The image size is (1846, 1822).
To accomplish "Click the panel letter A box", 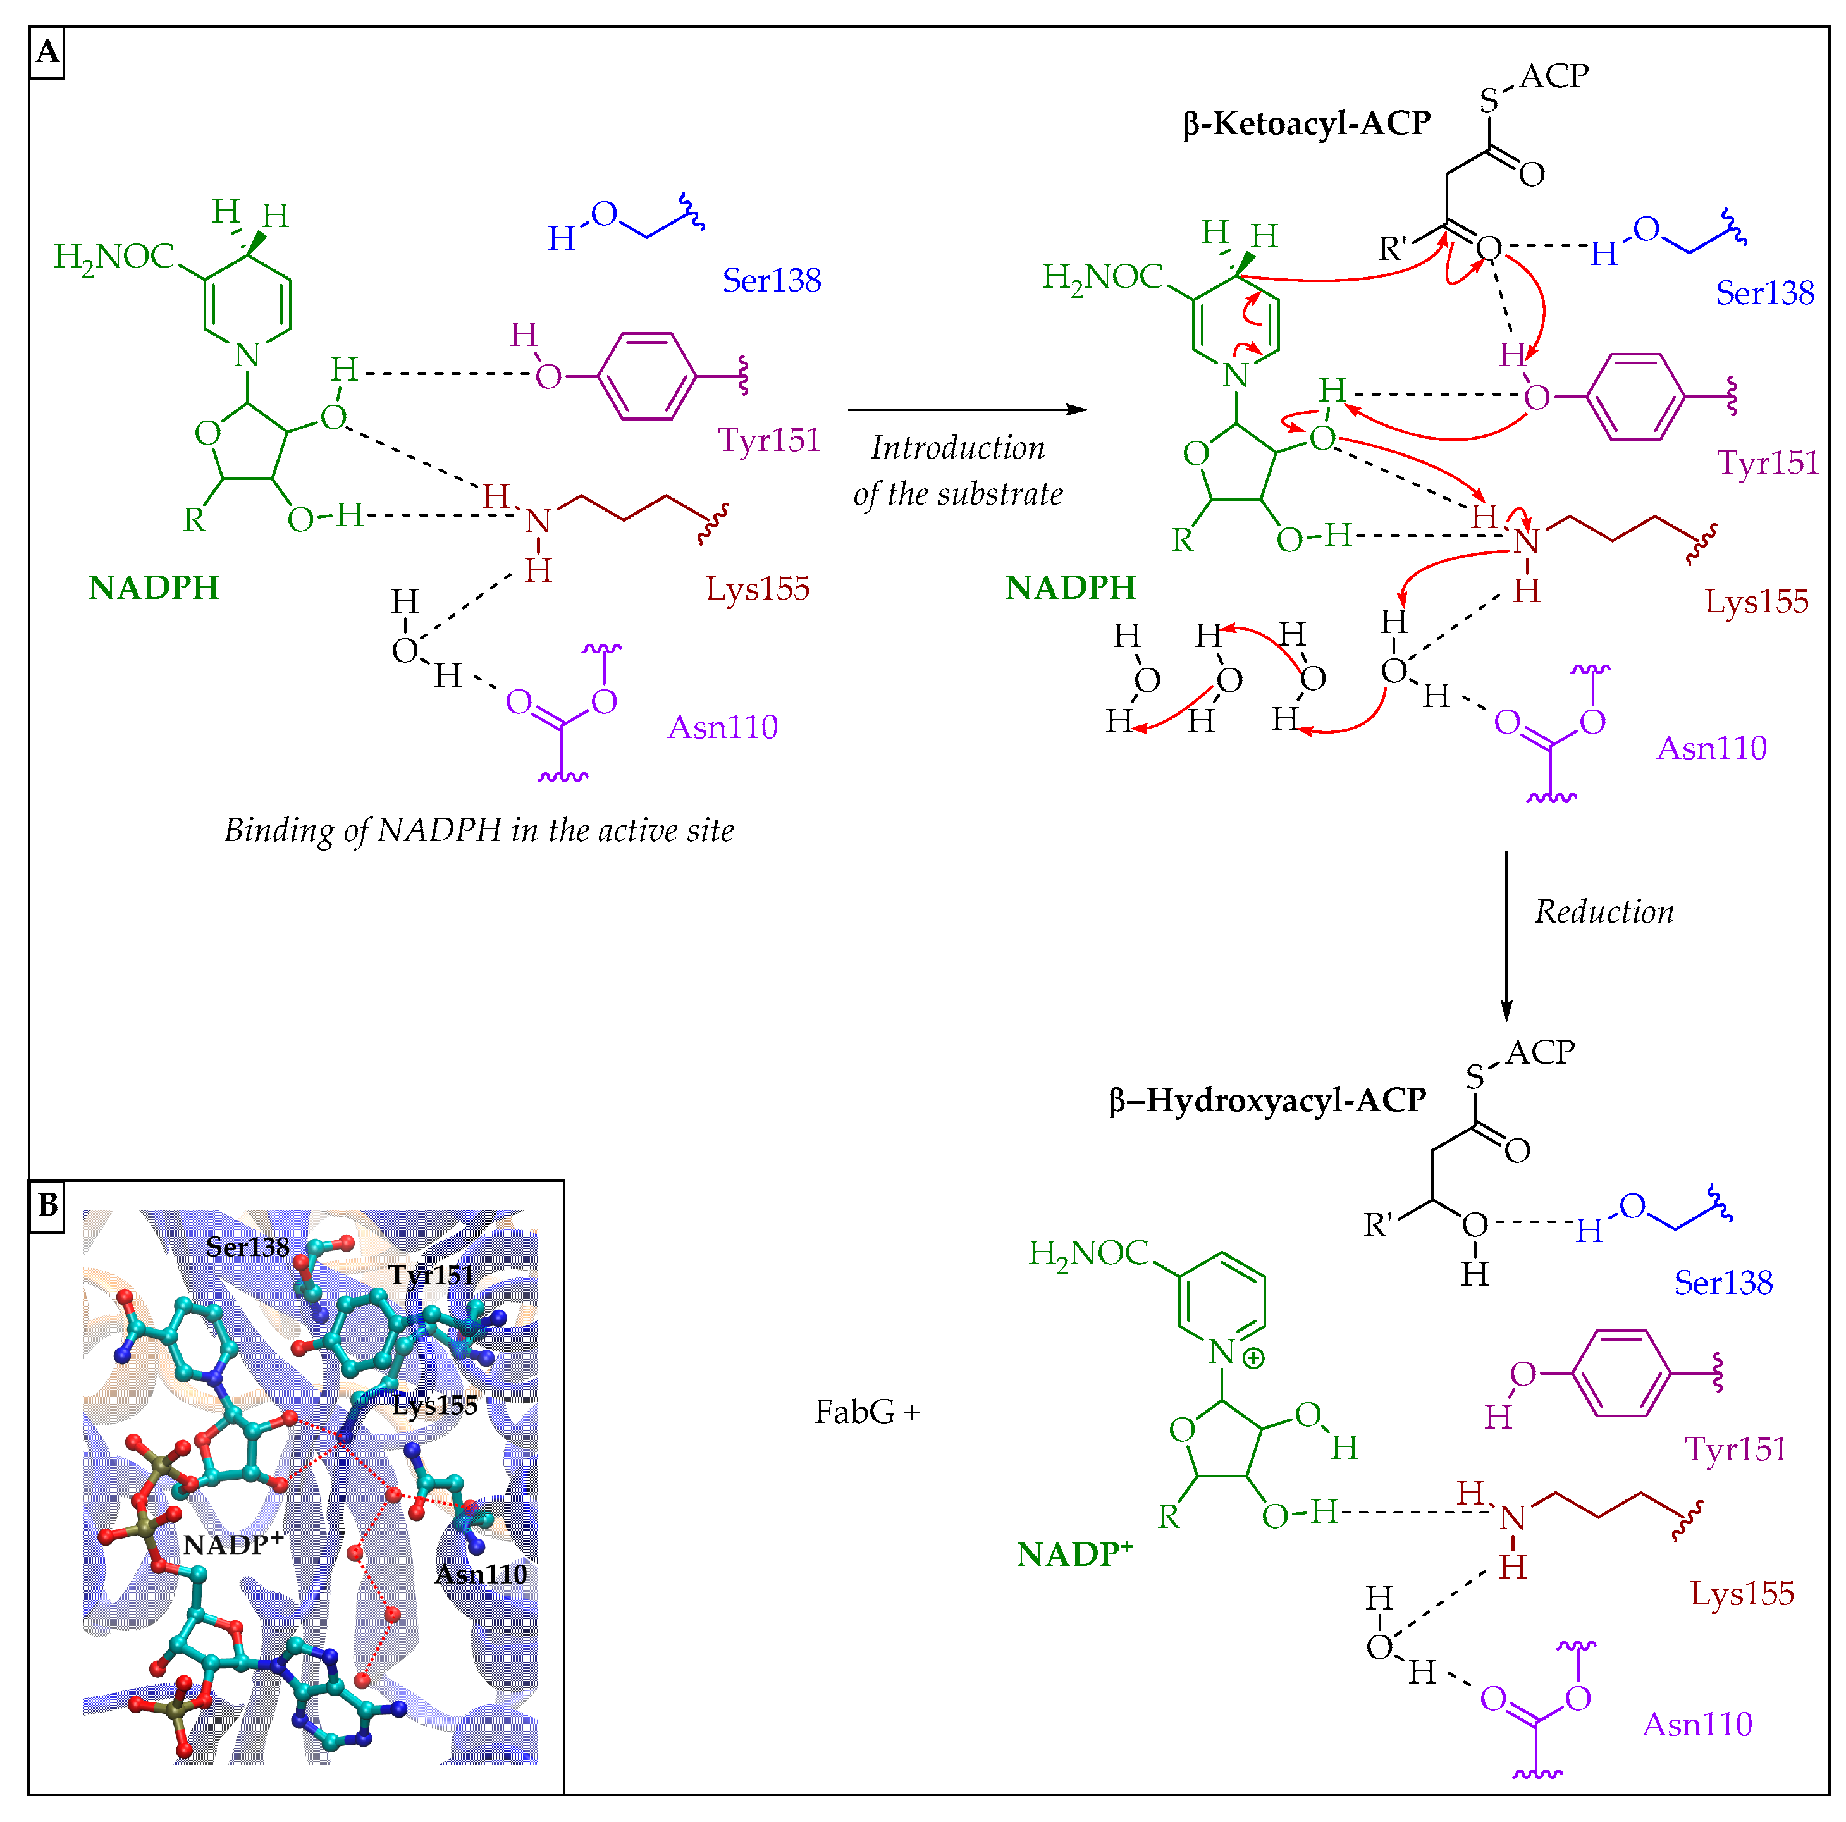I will [47, 52].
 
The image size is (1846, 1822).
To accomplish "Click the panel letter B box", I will [47, 1206].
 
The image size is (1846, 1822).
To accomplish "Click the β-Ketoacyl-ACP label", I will [1306, 124].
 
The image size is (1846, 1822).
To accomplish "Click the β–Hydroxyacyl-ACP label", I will [1267, 1100].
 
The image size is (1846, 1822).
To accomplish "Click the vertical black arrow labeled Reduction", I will [1507, 937].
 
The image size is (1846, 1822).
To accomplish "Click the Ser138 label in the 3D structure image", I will [247, 1247].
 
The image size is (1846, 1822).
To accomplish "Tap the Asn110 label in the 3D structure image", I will [481, 1575].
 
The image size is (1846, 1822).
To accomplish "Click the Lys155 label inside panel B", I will [434, 1405].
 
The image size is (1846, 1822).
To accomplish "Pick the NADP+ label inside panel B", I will [233, 1544].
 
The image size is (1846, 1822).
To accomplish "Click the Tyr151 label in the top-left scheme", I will [769, 440].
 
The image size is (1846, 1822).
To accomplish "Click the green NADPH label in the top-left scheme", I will [154, 588].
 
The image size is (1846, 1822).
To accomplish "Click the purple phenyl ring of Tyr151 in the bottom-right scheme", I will [1621, 1374].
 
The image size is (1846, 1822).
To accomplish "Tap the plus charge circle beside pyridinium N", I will [1253, 1358].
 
